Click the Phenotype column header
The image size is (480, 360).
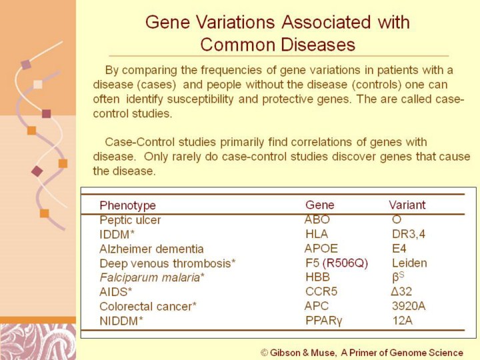click(127, 205)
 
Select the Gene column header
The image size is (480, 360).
click(319, 205)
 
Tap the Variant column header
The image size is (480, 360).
click(407, 205)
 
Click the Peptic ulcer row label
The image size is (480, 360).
click(130, 220)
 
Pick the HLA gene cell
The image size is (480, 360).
click(317, 234)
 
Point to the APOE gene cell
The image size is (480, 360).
click(321, 248)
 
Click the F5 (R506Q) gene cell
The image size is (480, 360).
click(337, 263)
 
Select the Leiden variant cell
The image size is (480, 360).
click(409, 263)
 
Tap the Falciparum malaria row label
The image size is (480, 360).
click(152, 277)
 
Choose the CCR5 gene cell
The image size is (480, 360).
click(321, 291)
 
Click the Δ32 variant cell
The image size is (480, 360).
click(401, 291)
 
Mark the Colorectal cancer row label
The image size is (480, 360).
click(148, 307)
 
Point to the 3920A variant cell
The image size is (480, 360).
click(409, 306)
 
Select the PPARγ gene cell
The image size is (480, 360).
click(324, 321)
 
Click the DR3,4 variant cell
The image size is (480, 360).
click(409, 234)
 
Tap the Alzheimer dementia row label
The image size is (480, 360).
click(151, 249)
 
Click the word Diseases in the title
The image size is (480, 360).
click(318, 45)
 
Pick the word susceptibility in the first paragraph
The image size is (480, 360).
click(200, 99)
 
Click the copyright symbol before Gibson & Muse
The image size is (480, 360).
click(264, 353)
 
